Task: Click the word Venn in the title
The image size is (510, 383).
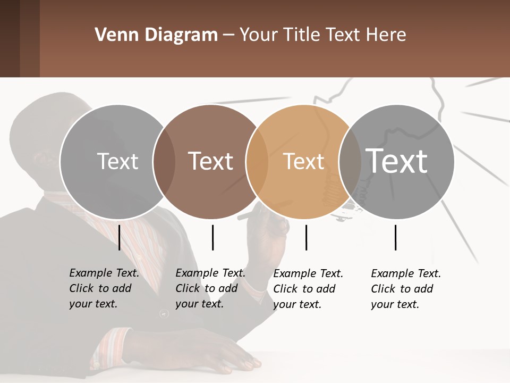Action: (111, 35)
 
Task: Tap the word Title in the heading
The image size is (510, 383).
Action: (301, 35)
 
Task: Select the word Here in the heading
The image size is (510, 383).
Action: (386, 35)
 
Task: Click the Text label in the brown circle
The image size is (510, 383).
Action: (211, 161)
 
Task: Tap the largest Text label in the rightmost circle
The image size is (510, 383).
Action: (397, 161)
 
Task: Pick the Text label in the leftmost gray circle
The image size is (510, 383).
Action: (118, 161)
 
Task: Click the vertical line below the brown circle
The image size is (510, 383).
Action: (212, 237)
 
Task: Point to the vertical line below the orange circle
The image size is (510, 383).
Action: (306, 237)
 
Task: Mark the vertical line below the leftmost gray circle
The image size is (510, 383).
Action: (120, 237)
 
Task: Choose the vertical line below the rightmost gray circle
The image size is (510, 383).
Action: (396, 237)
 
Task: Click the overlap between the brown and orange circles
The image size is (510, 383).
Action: (257, 162)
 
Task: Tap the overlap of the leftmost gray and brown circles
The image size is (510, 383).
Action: (164, 162)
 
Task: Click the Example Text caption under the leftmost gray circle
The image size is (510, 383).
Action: (104, 288)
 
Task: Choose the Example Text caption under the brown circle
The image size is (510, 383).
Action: (210, 288)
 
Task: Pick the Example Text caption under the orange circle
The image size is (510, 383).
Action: (308, 289)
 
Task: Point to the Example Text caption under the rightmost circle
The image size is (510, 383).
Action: (405, 289)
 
